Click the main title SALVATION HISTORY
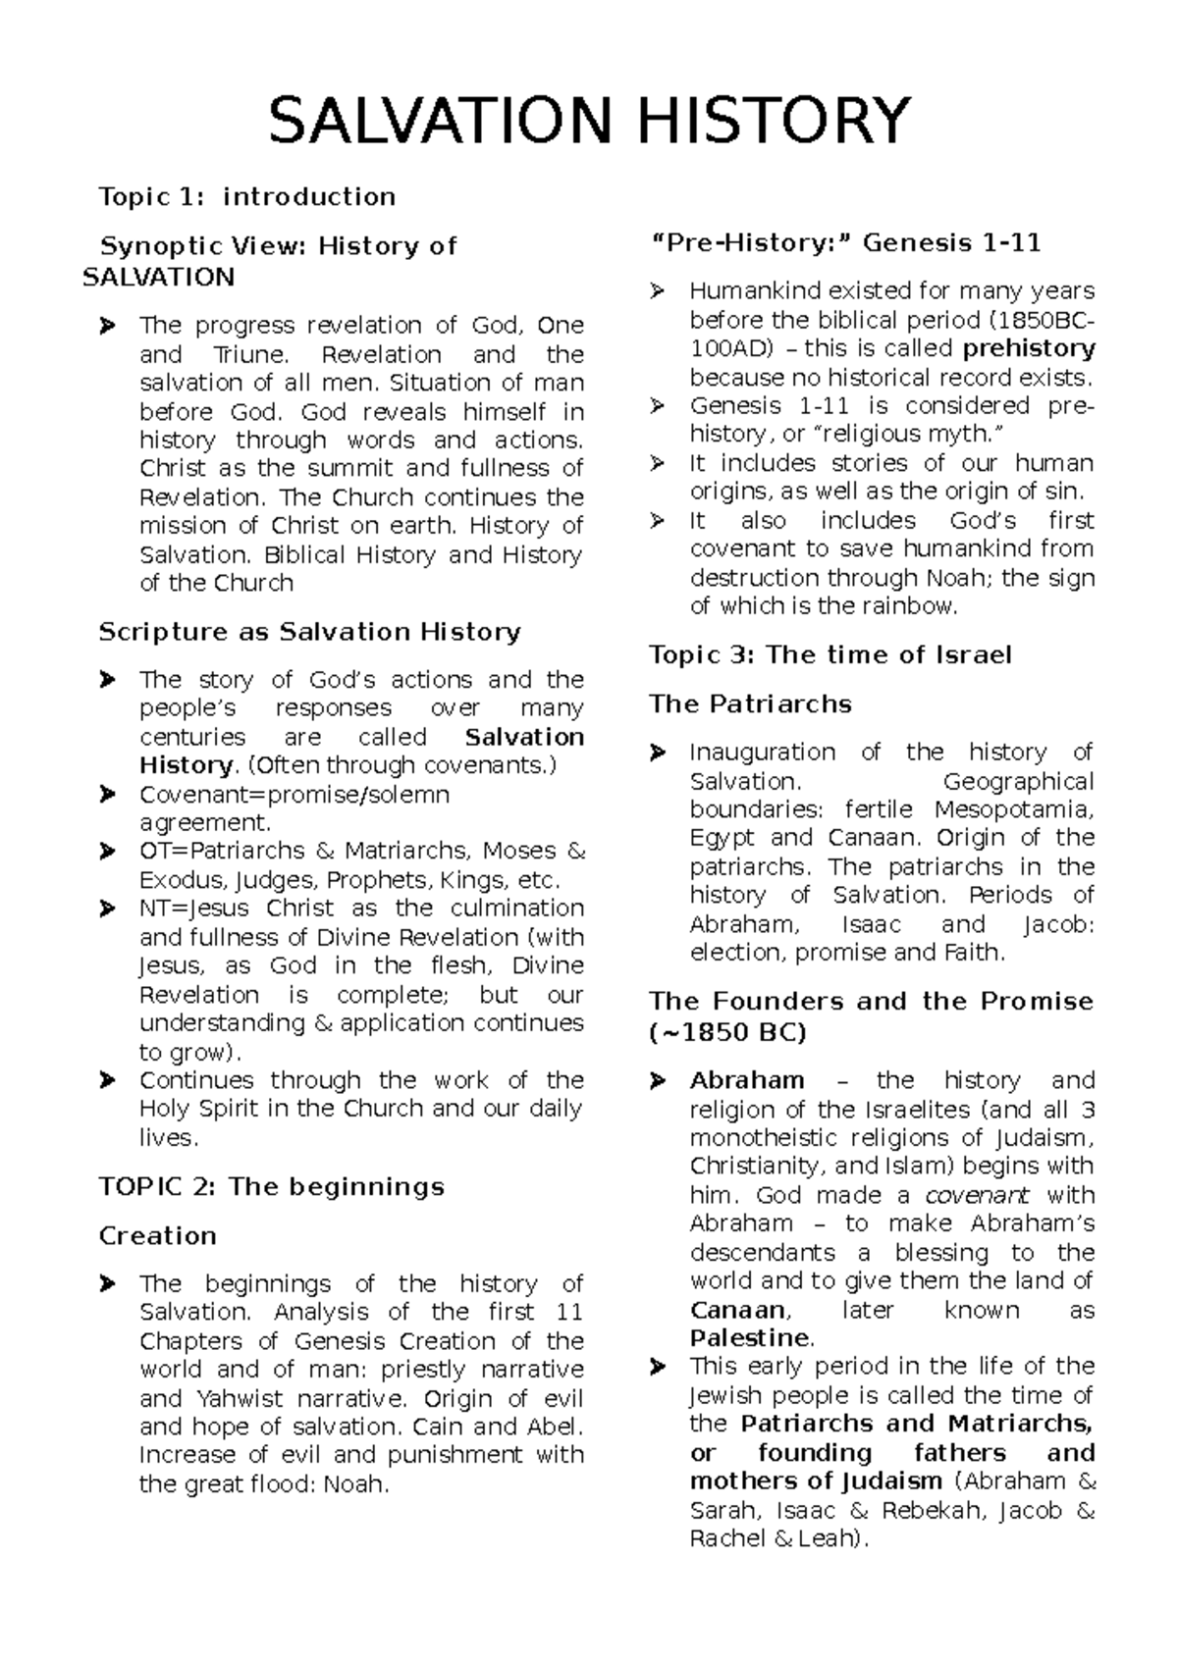(589, 120)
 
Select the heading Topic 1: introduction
(246, 197)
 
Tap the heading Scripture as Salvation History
(309, 632)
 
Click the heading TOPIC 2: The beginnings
(272, 1187)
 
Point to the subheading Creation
(157, 1236)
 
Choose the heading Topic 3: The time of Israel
(830, 655)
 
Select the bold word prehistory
(1029, 349)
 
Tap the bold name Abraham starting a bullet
(746, 1081)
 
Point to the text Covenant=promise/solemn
(294, 795)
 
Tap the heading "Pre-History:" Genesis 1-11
(845, 242)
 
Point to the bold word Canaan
(737, 1311)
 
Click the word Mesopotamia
(1013, 810)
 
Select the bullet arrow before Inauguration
(658, 754)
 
